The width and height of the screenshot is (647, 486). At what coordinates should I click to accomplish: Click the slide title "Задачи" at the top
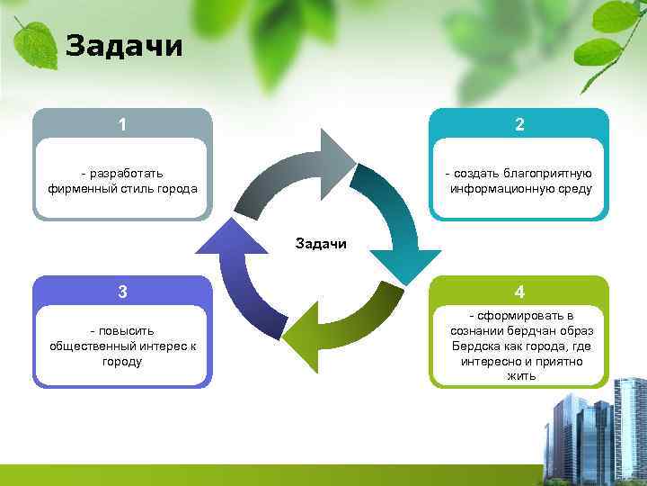click(124, 45)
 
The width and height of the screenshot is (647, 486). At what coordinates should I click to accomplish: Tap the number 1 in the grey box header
click(122, 124)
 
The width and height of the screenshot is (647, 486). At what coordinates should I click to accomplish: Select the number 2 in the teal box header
click(519, 124)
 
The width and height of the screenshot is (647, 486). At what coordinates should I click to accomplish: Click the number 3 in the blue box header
click(122, 292)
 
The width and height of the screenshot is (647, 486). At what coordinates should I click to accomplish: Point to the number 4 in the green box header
click(519, 292)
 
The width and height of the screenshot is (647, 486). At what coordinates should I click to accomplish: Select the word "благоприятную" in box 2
click(547, 173)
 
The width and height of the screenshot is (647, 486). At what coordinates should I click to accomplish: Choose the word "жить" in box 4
click(520, 376)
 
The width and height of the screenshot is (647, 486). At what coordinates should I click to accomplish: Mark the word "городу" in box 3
click(122, 361)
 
